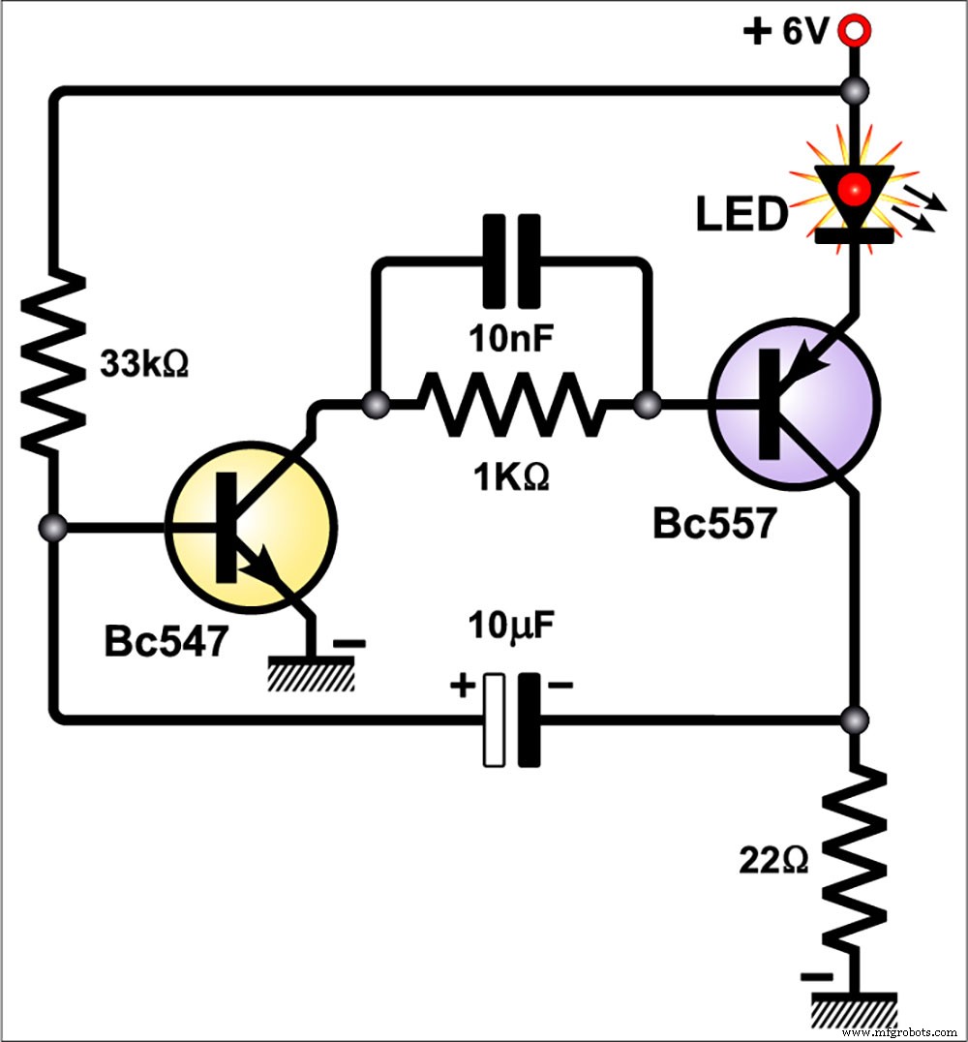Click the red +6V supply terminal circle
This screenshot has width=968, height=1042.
pyautogui.click(x=854, y=31)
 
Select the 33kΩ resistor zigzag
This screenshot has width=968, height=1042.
pyautogui.click(x=55, y=359)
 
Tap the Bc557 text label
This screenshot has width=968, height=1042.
pyautogui.click(x=713, y=524)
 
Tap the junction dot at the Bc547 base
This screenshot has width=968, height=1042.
pyautogui.click(x=55, y=528)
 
